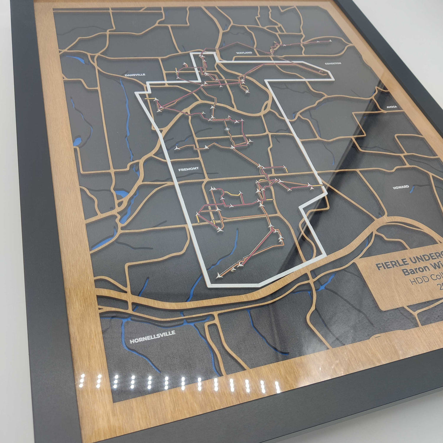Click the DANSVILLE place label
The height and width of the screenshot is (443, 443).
point(135,75)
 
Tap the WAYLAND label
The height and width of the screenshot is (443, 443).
point(244,53)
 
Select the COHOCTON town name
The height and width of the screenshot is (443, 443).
point(333,63)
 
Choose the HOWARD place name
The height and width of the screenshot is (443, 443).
point(401,187)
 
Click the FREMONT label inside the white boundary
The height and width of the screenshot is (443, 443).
point(189,169)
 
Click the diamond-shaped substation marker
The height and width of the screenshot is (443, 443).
point(227,129)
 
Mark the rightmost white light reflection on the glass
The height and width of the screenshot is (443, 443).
point(278,387)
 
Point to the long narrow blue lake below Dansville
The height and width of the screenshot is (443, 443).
point(126,106)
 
